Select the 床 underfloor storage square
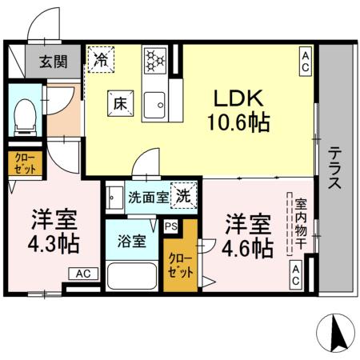click(x=118, y=102)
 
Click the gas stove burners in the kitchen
click(x=154, y=59)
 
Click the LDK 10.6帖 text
click(x=239, y=110)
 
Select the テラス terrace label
click(x=334, y=166)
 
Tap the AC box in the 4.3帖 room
click(x=84, y=274)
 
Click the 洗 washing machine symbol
click(x=184, y=194)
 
